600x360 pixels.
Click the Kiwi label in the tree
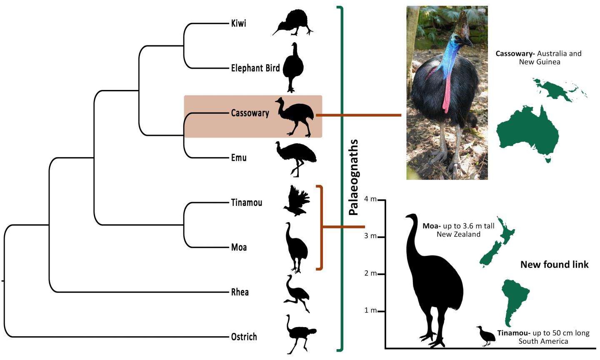[x=238, y=23]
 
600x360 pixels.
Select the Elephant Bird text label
[x=255, y=68]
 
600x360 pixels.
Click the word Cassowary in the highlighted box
[x=250, y=113]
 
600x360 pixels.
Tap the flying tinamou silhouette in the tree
[x=297, y=202]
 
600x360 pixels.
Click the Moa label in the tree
[x=239, y=247]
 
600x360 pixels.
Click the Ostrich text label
[x=244, y=337]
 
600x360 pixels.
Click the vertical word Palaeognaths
[x=353, y=177]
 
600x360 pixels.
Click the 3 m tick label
[x=370, y=236]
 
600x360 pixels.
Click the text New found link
[x=554, y=265]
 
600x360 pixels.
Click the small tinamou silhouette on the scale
[x=484, y=335]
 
